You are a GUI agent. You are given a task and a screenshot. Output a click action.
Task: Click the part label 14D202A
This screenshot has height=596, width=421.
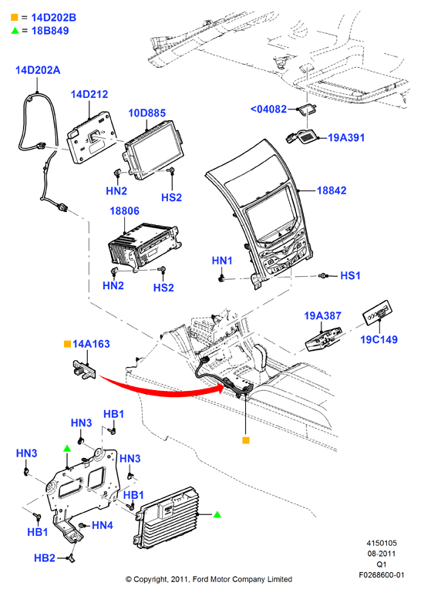coord(38,70)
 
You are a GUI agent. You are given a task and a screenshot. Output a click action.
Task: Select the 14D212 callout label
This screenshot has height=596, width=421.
coord(89,94)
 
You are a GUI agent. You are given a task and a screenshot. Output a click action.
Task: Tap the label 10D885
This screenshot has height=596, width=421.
coord(147,113)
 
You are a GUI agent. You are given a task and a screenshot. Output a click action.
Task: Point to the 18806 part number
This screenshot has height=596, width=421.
coord(125,210)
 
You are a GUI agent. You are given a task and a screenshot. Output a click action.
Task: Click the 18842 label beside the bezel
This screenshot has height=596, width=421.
coord(332,190)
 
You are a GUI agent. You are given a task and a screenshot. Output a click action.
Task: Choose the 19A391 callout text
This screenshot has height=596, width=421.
coord(346,137)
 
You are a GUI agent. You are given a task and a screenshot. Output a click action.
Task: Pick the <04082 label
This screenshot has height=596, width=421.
coord(268,109)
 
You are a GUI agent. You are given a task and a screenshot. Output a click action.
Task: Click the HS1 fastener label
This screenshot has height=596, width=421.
coord(350,275)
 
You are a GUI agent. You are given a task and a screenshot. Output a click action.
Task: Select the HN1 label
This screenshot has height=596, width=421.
coord(222,261)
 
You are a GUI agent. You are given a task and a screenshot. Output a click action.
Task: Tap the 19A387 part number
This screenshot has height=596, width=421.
coord(322,315)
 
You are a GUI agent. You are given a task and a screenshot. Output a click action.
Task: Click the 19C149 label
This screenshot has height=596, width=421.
coord(379,339)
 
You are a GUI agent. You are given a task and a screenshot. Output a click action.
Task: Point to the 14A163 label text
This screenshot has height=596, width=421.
coord(91,344)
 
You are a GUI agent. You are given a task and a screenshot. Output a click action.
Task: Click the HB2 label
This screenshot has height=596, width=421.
coord(45,557)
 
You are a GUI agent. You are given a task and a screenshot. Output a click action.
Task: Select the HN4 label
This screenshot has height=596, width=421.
coord(103,525)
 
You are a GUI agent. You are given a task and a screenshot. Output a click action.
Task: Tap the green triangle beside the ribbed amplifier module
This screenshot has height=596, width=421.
coord(217,514)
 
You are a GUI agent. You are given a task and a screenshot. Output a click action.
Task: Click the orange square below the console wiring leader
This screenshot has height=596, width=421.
coord(246,440)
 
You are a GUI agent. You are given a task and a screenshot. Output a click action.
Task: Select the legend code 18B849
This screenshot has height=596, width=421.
coord(50,30)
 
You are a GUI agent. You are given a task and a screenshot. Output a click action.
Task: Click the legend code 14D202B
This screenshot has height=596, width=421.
coord(53,18)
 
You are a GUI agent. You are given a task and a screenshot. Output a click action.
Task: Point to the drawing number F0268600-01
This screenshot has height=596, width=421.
coord(382,574)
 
